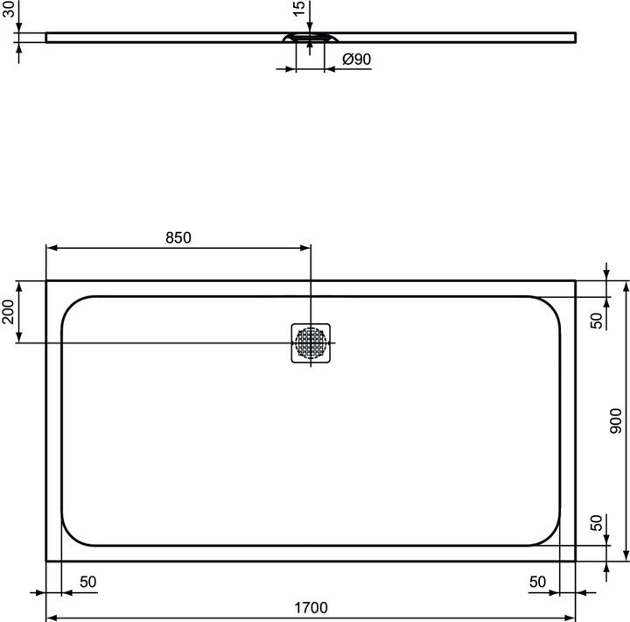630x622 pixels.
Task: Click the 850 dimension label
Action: (178, 237)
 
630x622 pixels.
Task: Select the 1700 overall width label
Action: (310, 607)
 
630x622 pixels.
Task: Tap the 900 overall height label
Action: (615, 421)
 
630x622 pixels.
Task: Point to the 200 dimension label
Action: (9, 312)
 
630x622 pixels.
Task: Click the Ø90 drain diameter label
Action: (357, 60)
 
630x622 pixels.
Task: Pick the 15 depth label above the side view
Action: (299, 10)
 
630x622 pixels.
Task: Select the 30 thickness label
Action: (10, 10)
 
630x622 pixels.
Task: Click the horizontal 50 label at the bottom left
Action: (88, 582)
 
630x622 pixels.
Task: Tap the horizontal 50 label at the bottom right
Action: (538, 582)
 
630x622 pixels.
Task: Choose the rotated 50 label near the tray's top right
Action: (596, 321)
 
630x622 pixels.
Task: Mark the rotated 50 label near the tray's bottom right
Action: (596, 524)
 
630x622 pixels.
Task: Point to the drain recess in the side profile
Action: (310, 39)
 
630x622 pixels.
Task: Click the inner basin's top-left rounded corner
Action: (70, 306)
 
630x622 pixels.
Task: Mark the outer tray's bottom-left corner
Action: (46, 560)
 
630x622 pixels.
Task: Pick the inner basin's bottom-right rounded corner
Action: (551, 536)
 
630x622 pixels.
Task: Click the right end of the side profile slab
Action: (575, 37)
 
